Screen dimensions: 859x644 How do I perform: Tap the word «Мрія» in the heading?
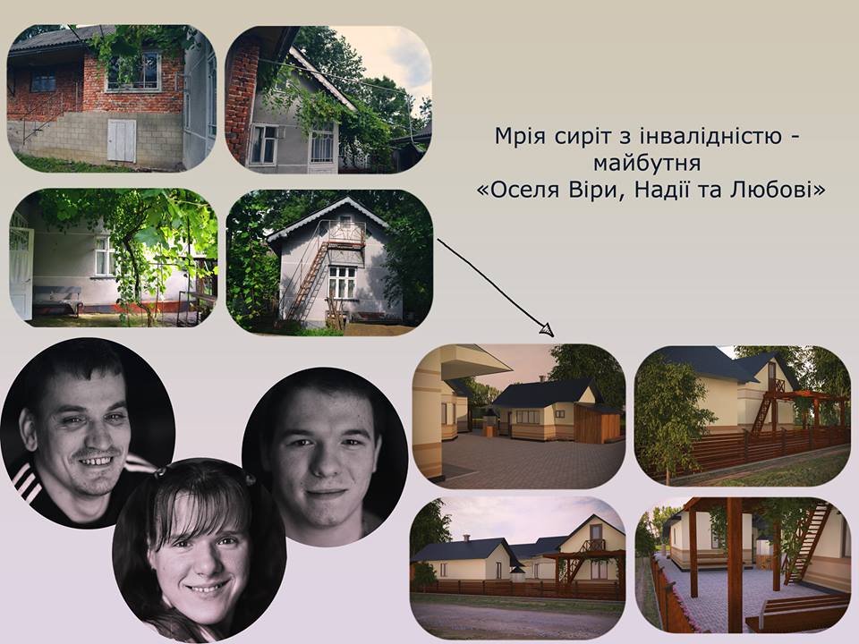(x=520, y=136)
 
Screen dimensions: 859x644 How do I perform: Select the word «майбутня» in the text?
(x=647, y=163)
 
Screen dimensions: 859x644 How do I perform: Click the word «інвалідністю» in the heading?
(x=704, y=136)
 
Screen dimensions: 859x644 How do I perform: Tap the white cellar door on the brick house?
(x=122, y=140)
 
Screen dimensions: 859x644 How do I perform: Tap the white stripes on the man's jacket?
(x=26, y=484)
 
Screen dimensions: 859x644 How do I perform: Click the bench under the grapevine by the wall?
(x=57, y=299)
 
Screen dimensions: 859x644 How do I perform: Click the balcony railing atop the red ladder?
(x=346, y=233)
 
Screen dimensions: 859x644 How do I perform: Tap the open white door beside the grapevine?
(x=21, y=273)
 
